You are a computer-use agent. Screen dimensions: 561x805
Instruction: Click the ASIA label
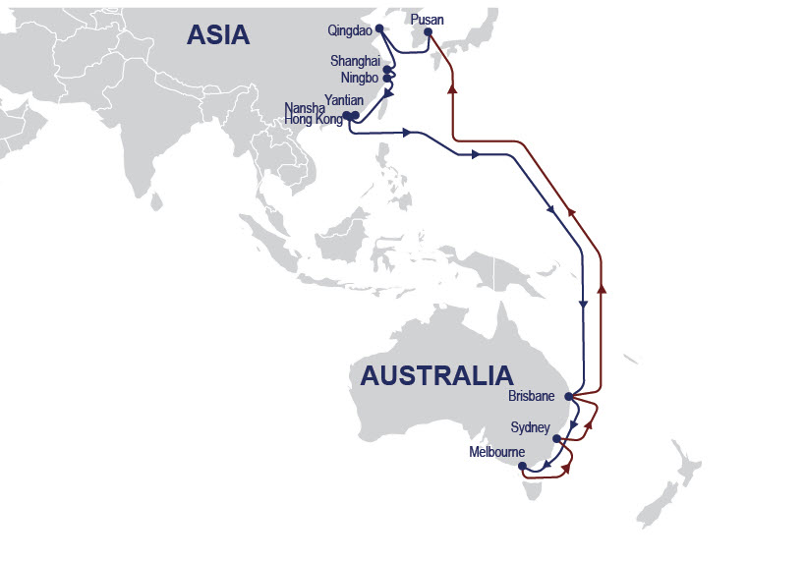click(218, 35)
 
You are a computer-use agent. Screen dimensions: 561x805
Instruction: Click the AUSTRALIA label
click(436, 375)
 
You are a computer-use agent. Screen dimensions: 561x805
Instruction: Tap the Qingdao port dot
click(378, 29)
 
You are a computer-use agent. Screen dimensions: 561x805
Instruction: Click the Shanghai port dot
click(386, 70)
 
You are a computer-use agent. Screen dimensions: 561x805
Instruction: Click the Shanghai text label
click(355, 61)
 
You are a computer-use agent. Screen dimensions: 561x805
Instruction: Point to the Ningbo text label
click(360, 78)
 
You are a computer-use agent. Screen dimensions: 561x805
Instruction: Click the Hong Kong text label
click(314, 119)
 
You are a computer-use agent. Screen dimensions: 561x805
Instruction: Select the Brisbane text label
click(532, 397)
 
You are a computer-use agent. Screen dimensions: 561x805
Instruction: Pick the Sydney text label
click(530, 428)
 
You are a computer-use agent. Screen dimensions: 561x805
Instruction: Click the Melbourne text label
click(495, 453)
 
